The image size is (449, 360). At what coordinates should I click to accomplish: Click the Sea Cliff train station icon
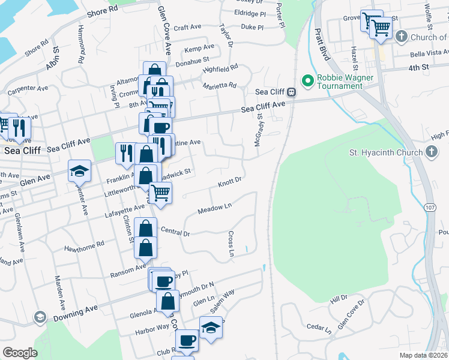click(x=292, y=92)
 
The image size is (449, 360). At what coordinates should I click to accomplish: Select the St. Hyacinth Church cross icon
click(x=431, y=152)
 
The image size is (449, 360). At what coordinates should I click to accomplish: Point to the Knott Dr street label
click(x=229, y=180)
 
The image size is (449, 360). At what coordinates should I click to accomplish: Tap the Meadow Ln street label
click(x=215, y=208)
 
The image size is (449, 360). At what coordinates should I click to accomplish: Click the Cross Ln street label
click(x=231, y=244)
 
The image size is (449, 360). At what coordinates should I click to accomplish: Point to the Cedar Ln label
click(x=319, y=328)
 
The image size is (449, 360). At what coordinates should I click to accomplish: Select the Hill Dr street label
click(x=339, y=298)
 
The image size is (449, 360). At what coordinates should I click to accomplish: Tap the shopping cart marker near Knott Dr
click(x=160, y=193)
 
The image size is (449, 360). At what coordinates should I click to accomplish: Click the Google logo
click(x=20, y=353)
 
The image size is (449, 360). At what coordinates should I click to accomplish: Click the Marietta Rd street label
click(x=220, y=85)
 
